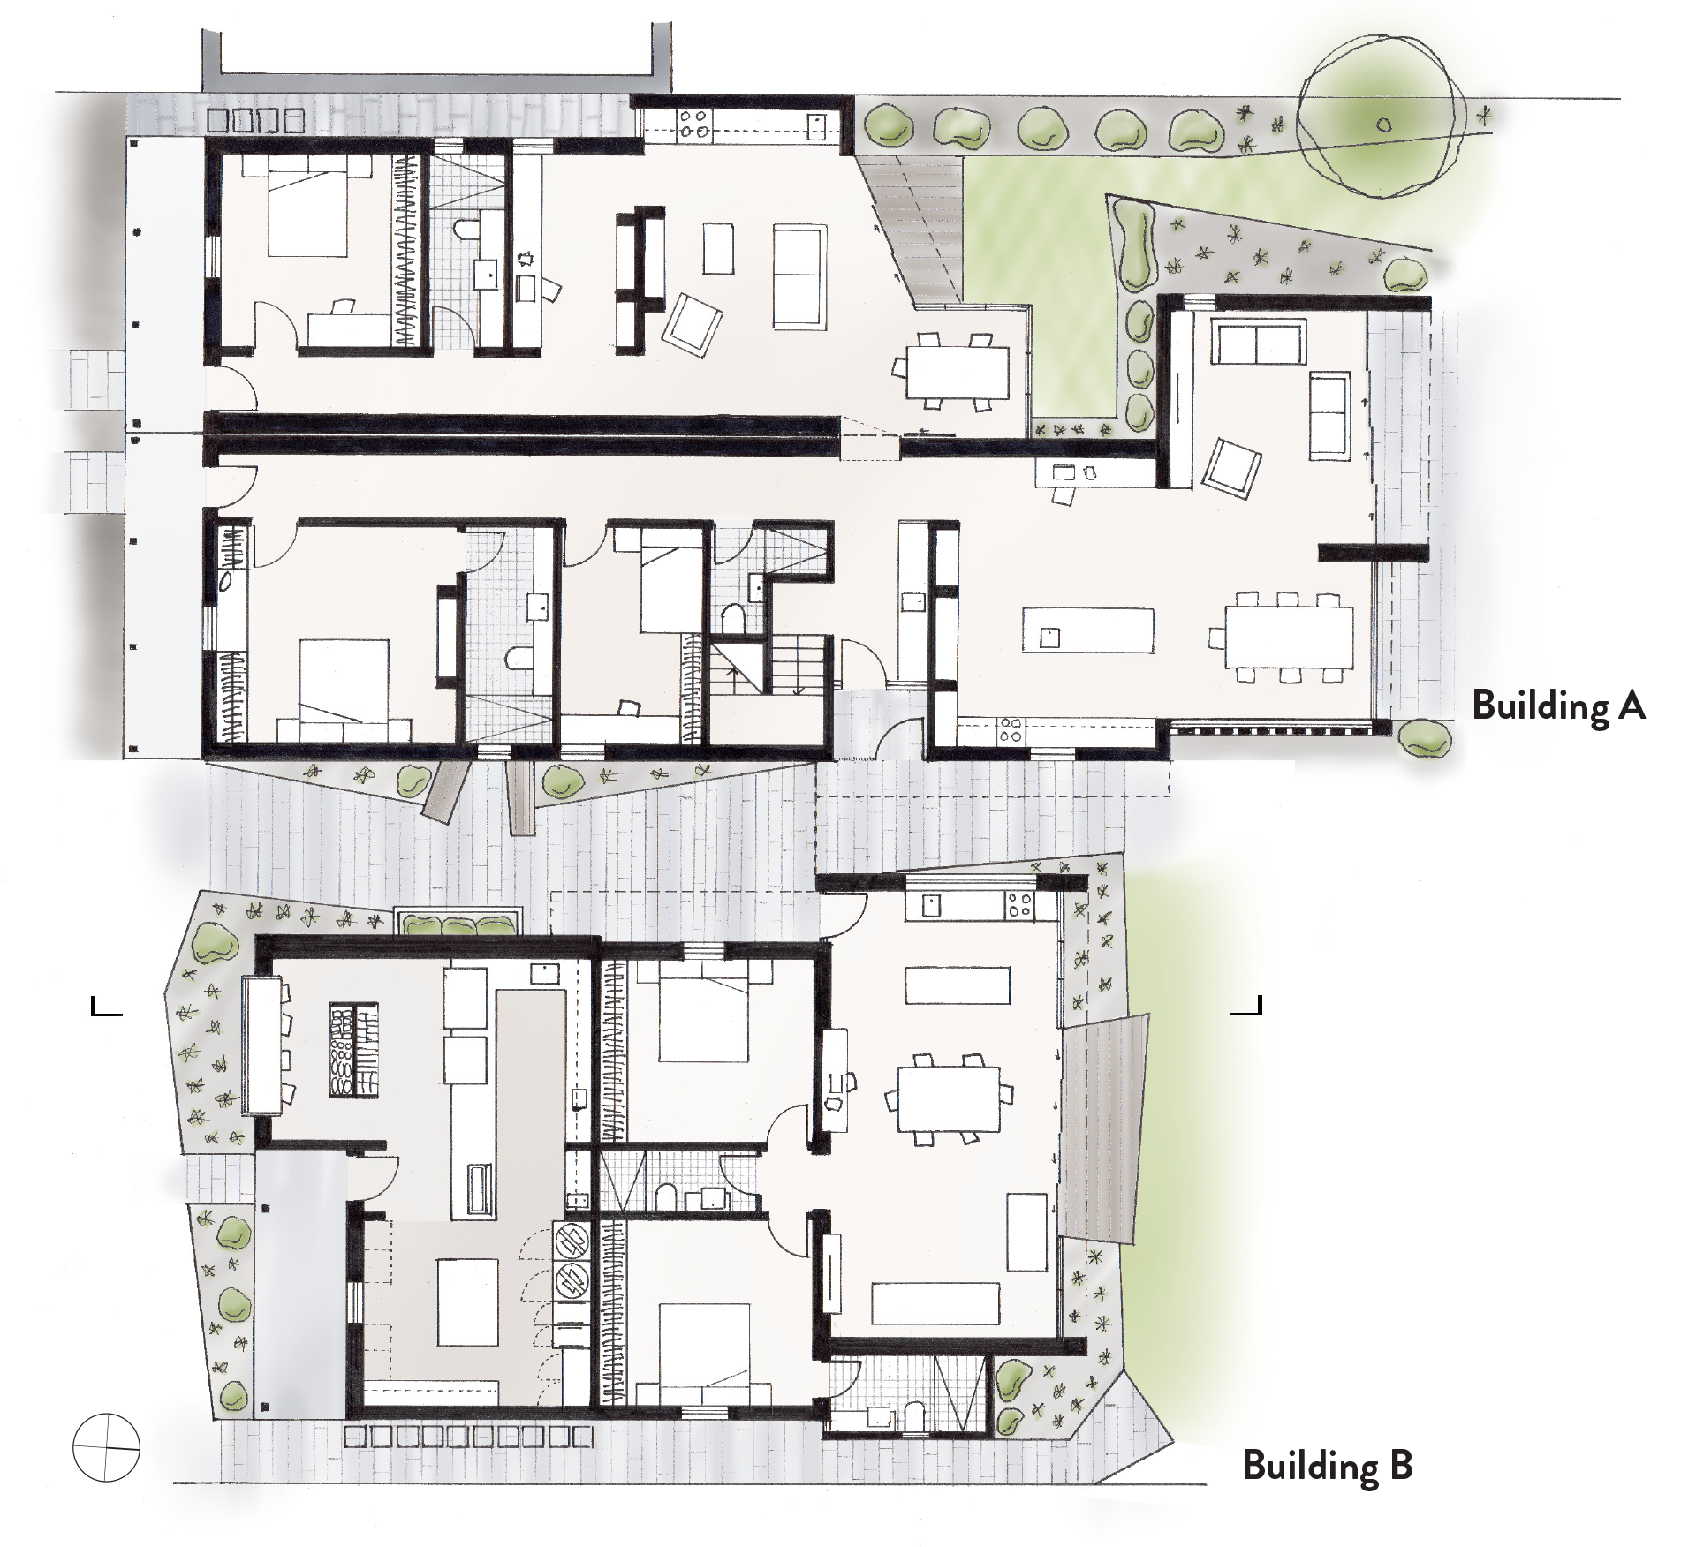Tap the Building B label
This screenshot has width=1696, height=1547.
point(1328,1467)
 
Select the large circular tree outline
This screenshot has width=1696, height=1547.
point(1383,125)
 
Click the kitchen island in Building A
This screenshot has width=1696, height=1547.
point(1088,630)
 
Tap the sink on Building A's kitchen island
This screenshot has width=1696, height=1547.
point(1049,638)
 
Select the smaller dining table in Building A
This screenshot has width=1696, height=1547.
point(958,372)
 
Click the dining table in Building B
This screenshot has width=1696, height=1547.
point(949,1099)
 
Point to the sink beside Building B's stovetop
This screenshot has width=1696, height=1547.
point(933,905)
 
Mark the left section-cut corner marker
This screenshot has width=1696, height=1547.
point(105,1006)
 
